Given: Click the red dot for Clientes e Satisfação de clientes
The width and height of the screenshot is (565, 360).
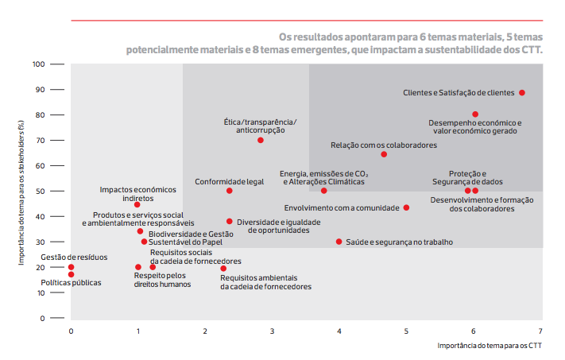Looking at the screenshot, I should click(x=522, y=93).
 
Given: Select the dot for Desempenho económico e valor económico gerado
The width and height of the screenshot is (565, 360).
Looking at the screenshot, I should click(x=475, y=114).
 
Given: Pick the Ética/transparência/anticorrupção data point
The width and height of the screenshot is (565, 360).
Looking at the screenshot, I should click(x=261, y=140).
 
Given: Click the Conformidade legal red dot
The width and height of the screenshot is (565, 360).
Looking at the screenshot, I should click(x=230, y=191).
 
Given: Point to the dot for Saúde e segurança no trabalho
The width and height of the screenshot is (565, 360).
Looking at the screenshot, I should click(x=339, y=242).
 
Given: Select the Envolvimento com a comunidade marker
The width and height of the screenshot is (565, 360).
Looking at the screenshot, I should click(x=406, y=207).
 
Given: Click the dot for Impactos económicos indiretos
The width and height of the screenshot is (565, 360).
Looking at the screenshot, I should click(x=137, y=204).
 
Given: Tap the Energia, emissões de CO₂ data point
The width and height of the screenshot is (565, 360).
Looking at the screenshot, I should click(x=323, y=191).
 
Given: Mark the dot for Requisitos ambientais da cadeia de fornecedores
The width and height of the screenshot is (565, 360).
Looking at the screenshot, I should click(x=223, y=269).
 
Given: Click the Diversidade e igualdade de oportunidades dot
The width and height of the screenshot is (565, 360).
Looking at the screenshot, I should click(x=230, y=222).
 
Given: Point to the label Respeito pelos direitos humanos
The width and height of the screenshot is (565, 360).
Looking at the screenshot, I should click(x=162, y=280).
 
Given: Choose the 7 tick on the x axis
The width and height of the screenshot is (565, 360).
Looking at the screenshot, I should click(x=541, y=331).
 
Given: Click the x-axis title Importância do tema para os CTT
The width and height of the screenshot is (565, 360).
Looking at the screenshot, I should click(x=490, y=346).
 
